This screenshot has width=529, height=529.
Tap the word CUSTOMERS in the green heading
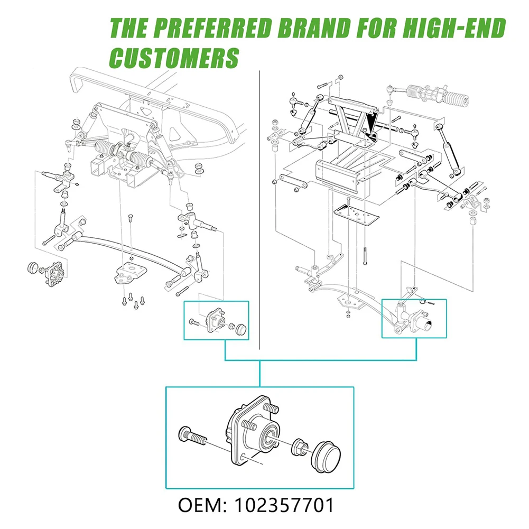[x=175, y=58]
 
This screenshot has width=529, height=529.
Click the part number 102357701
[x=285, y=505]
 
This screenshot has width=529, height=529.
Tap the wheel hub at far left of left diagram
[x=55, y=272]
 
